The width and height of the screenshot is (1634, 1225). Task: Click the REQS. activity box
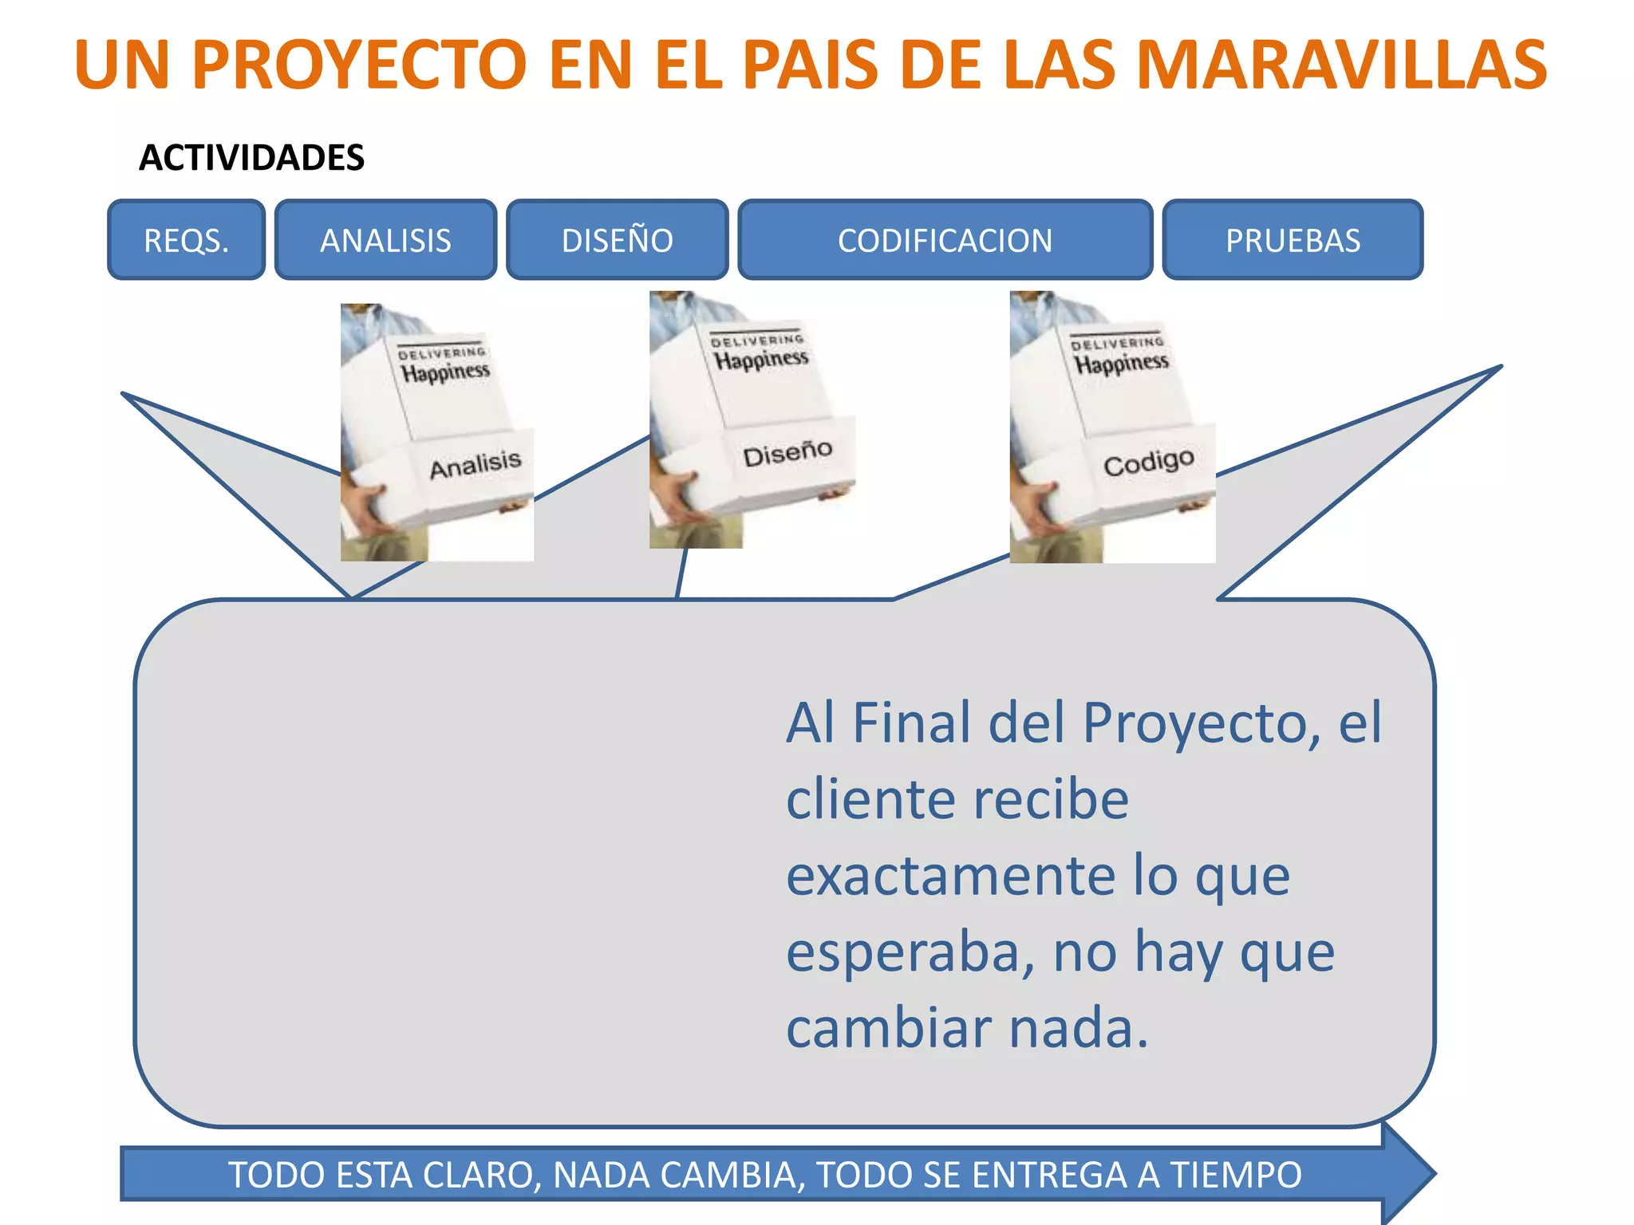pyautogui.click(x=186, y=240)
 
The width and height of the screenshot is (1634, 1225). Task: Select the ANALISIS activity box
pyautogui.click(x=385, y=240)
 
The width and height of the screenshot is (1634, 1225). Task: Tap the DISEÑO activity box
pyautogui.click(x=617, y=240)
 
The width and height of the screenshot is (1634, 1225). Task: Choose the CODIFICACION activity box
pyautogui.click(x=945, y=240)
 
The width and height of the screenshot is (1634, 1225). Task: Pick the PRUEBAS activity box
pyautogui.click(x=1293, y=240)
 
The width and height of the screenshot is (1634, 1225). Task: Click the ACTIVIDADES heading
pyautogui.click(x=252, y=158)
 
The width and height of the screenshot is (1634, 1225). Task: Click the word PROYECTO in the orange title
pyautogui.click(x=359, y=65)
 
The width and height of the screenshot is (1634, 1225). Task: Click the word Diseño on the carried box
pyautogui.click(x=787, y=454)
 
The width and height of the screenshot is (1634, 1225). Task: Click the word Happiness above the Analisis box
pyautogui.click(x=445, y=372)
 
